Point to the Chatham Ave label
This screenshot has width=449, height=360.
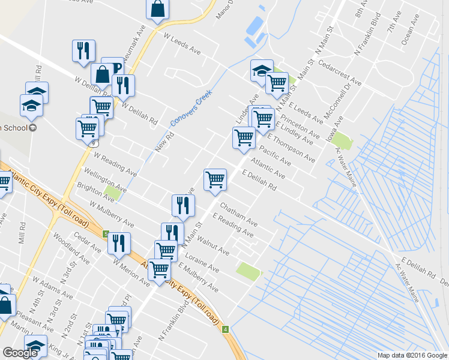(x=238, y=214)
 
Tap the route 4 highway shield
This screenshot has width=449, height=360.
(x=224, y=329)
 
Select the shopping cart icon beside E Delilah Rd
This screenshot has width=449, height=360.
(x=215, y=179)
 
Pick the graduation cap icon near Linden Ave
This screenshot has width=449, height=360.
(x=262, y=70)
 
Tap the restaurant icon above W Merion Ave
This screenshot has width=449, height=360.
(x=119, y=243)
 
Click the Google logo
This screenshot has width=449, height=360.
(x=20, y=353)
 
